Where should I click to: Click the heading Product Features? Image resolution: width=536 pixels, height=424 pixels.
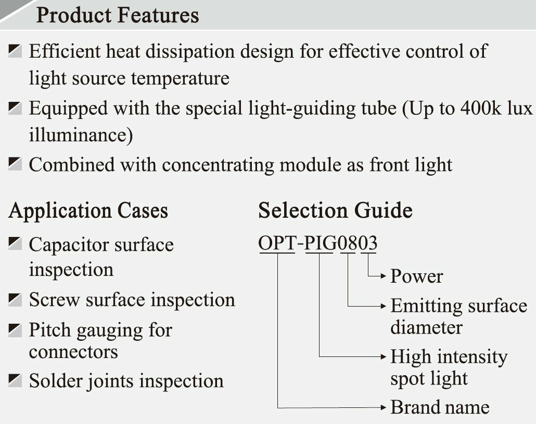(x=117, y=15)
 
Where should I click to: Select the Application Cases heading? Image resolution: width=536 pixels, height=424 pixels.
(x=88, y=211)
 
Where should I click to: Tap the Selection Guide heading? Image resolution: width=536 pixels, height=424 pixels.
(x=335, y=210)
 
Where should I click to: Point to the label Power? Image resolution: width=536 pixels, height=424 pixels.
(x=416, y=276)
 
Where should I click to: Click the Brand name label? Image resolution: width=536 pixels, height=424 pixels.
(x=440, y=407)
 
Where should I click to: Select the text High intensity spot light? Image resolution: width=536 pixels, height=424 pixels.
(x=448, y=367)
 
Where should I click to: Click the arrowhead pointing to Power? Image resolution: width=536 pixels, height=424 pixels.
(x=384, y=276)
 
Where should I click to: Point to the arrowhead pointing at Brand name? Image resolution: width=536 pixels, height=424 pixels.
(x=384, y=407)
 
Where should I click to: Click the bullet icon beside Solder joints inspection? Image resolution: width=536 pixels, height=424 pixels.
(x=15, y=380)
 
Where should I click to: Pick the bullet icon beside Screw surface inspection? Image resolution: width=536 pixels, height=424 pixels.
(x=15, y=299)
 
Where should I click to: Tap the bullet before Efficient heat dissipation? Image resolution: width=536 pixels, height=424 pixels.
(x=15, y=51)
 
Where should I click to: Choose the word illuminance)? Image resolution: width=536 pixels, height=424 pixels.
(x=81, y=135)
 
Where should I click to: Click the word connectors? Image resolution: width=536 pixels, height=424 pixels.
(x=73, y=352)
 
